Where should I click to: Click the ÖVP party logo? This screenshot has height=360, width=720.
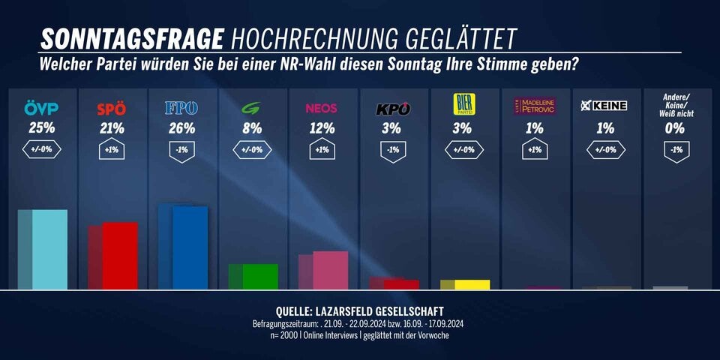point(42,109)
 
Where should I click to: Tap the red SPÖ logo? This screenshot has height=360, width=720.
point(112,109)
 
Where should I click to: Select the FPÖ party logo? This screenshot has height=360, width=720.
point(181,109)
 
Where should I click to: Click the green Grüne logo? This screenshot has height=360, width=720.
point(250,108)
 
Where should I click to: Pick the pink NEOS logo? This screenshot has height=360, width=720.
point(321,108)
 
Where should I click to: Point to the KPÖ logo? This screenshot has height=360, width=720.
point(392,109)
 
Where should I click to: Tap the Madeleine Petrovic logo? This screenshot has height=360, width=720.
point(534,106)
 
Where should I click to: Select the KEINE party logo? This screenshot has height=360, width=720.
point(604,106)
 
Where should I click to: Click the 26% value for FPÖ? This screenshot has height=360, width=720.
point(181,128)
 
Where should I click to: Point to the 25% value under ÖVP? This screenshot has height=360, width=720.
point(42,128)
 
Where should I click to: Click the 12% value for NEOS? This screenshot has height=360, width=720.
point(321,128)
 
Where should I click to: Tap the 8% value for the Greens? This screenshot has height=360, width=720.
point(251,128)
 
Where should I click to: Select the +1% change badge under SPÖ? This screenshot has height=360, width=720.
point(112,150)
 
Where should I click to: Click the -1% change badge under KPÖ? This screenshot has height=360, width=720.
point(392,150)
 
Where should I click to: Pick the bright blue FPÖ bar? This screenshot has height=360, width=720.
point(190,248)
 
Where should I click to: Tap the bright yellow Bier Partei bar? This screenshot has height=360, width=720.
point(472,284)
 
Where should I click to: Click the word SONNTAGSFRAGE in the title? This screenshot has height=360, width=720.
point(131,39)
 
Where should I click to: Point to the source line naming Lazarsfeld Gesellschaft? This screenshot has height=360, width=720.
point(360,311)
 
